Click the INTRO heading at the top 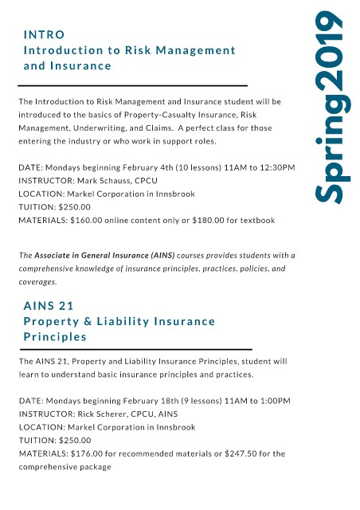(x=44, y=34)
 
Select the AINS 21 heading (x=49, y=306)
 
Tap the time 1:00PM (x=275, y=401)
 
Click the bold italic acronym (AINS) (x=162, y=255)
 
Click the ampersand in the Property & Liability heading (x=88, y=321)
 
